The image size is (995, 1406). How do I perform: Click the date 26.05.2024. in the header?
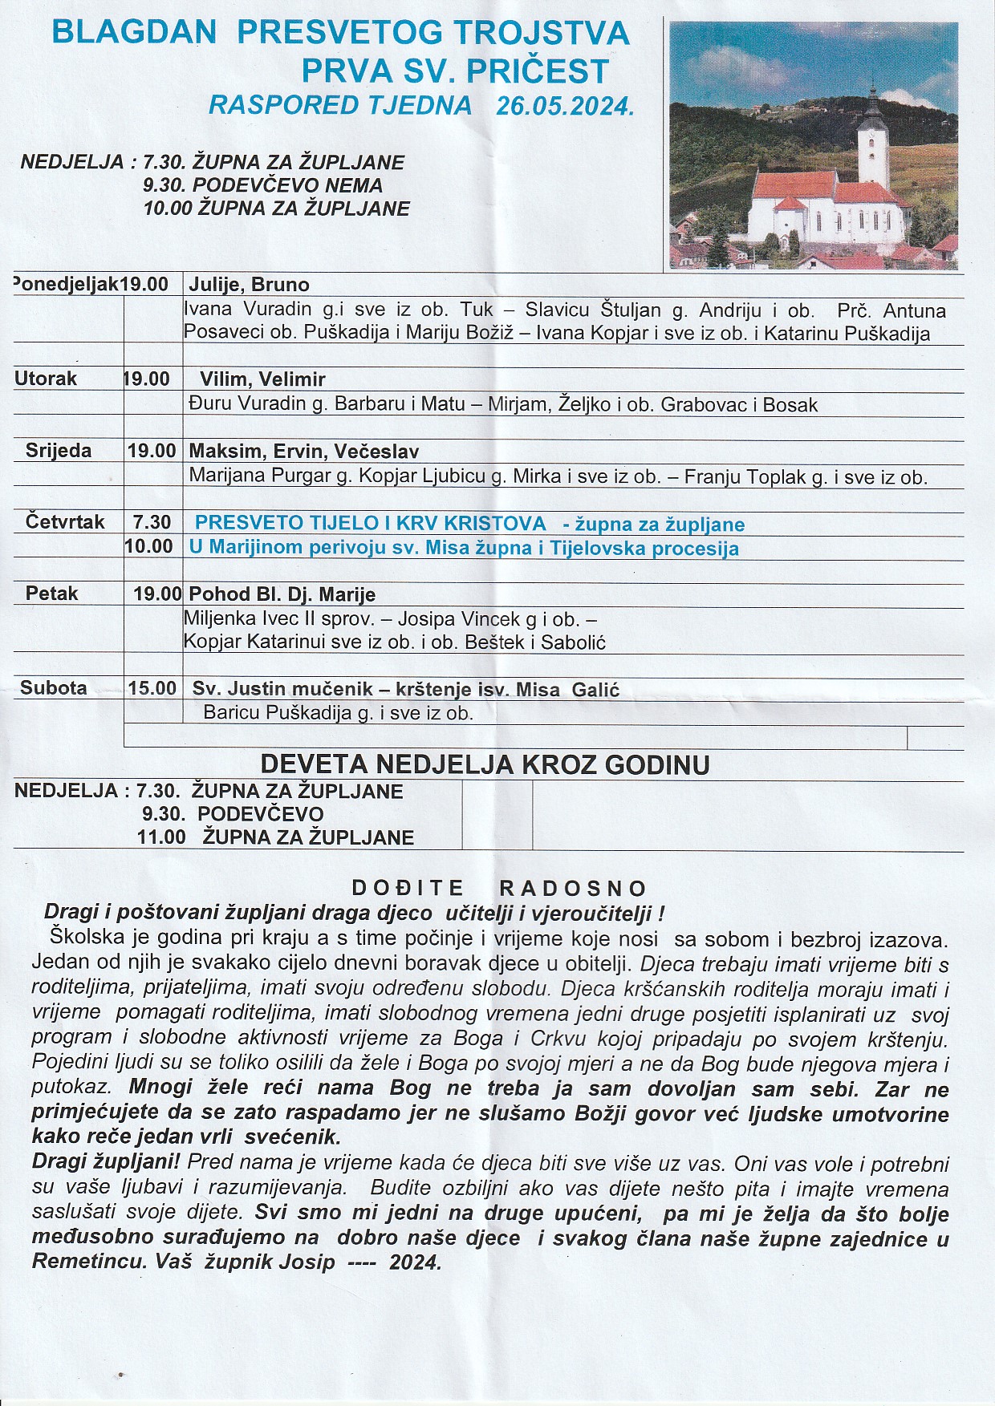565,106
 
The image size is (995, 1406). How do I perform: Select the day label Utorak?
46,379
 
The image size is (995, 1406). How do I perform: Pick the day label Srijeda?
59,451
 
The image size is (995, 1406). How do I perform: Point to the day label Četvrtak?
65,522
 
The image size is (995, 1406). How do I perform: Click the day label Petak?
52,594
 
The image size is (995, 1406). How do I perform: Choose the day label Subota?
54,687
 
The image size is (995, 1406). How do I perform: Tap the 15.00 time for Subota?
152,688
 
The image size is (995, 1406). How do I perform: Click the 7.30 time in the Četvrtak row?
152,522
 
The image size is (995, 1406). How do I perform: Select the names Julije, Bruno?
249,285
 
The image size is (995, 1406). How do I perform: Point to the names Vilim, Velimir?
262,379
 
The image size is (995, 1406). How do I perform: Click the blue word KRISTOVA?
495,523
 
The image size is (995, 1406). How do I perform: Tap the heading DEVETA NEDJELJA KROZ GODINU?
485,764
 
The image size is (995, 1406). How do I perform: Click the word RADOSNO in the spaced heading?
573,888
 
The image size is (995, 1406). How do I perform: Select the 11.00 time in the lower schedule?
161,837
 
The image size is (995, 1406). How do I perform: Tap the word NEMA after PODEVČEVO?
354,185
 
